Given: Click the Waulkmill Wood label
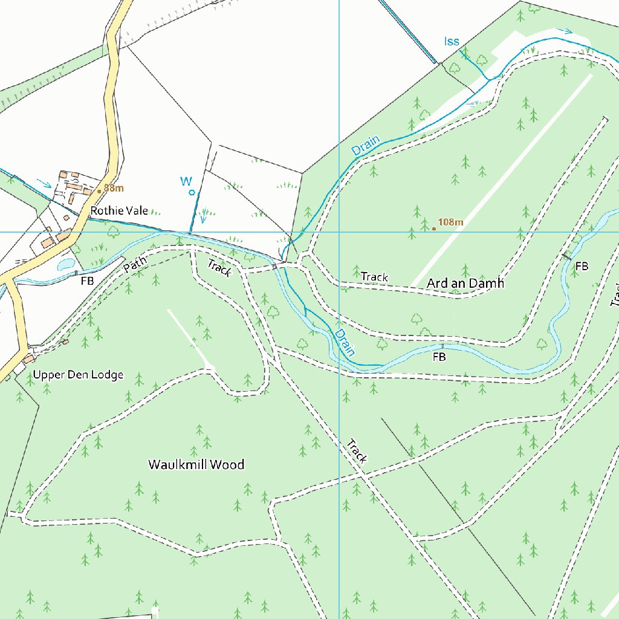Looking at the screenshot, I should (196, 464).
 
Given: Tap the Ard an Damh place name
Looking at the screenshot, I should (465, 283).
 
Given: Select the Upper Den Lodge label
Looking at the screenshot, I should (78, 375).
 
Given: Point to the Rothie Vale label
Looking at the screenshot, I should (119, 210).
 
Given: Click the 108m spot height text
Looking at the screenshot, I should (450, 222).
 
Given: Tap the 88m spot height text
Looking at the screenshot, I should (113, 188).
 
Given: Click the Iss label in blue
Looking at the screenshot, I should (452, 41).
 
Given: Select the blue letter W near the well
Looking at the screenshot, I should (186, 181).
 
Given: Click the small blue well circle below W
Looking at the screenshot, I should (192, 193).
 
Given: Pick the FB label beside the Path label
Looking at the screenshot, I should (87, 281).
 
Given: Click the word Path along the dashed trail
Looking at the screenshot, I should (135, 265).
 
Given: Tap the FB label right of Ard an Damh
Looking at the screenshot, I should (582, 266).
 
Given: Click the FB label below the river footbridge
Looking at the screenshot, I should (439, 357).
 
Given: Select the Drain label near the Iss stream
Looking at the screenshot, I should (366, 146).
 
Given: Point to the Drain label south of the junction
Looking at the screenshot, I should (345, 342).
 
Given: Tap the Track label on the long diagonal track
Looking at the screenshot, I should (357, 452).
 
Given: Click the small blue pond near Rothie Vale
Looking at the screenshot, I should (65, 264).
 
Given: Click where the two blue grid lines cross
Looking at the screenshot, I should (339, 232).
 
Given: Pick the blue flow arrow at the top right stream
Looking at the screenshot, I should (566, 30).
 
